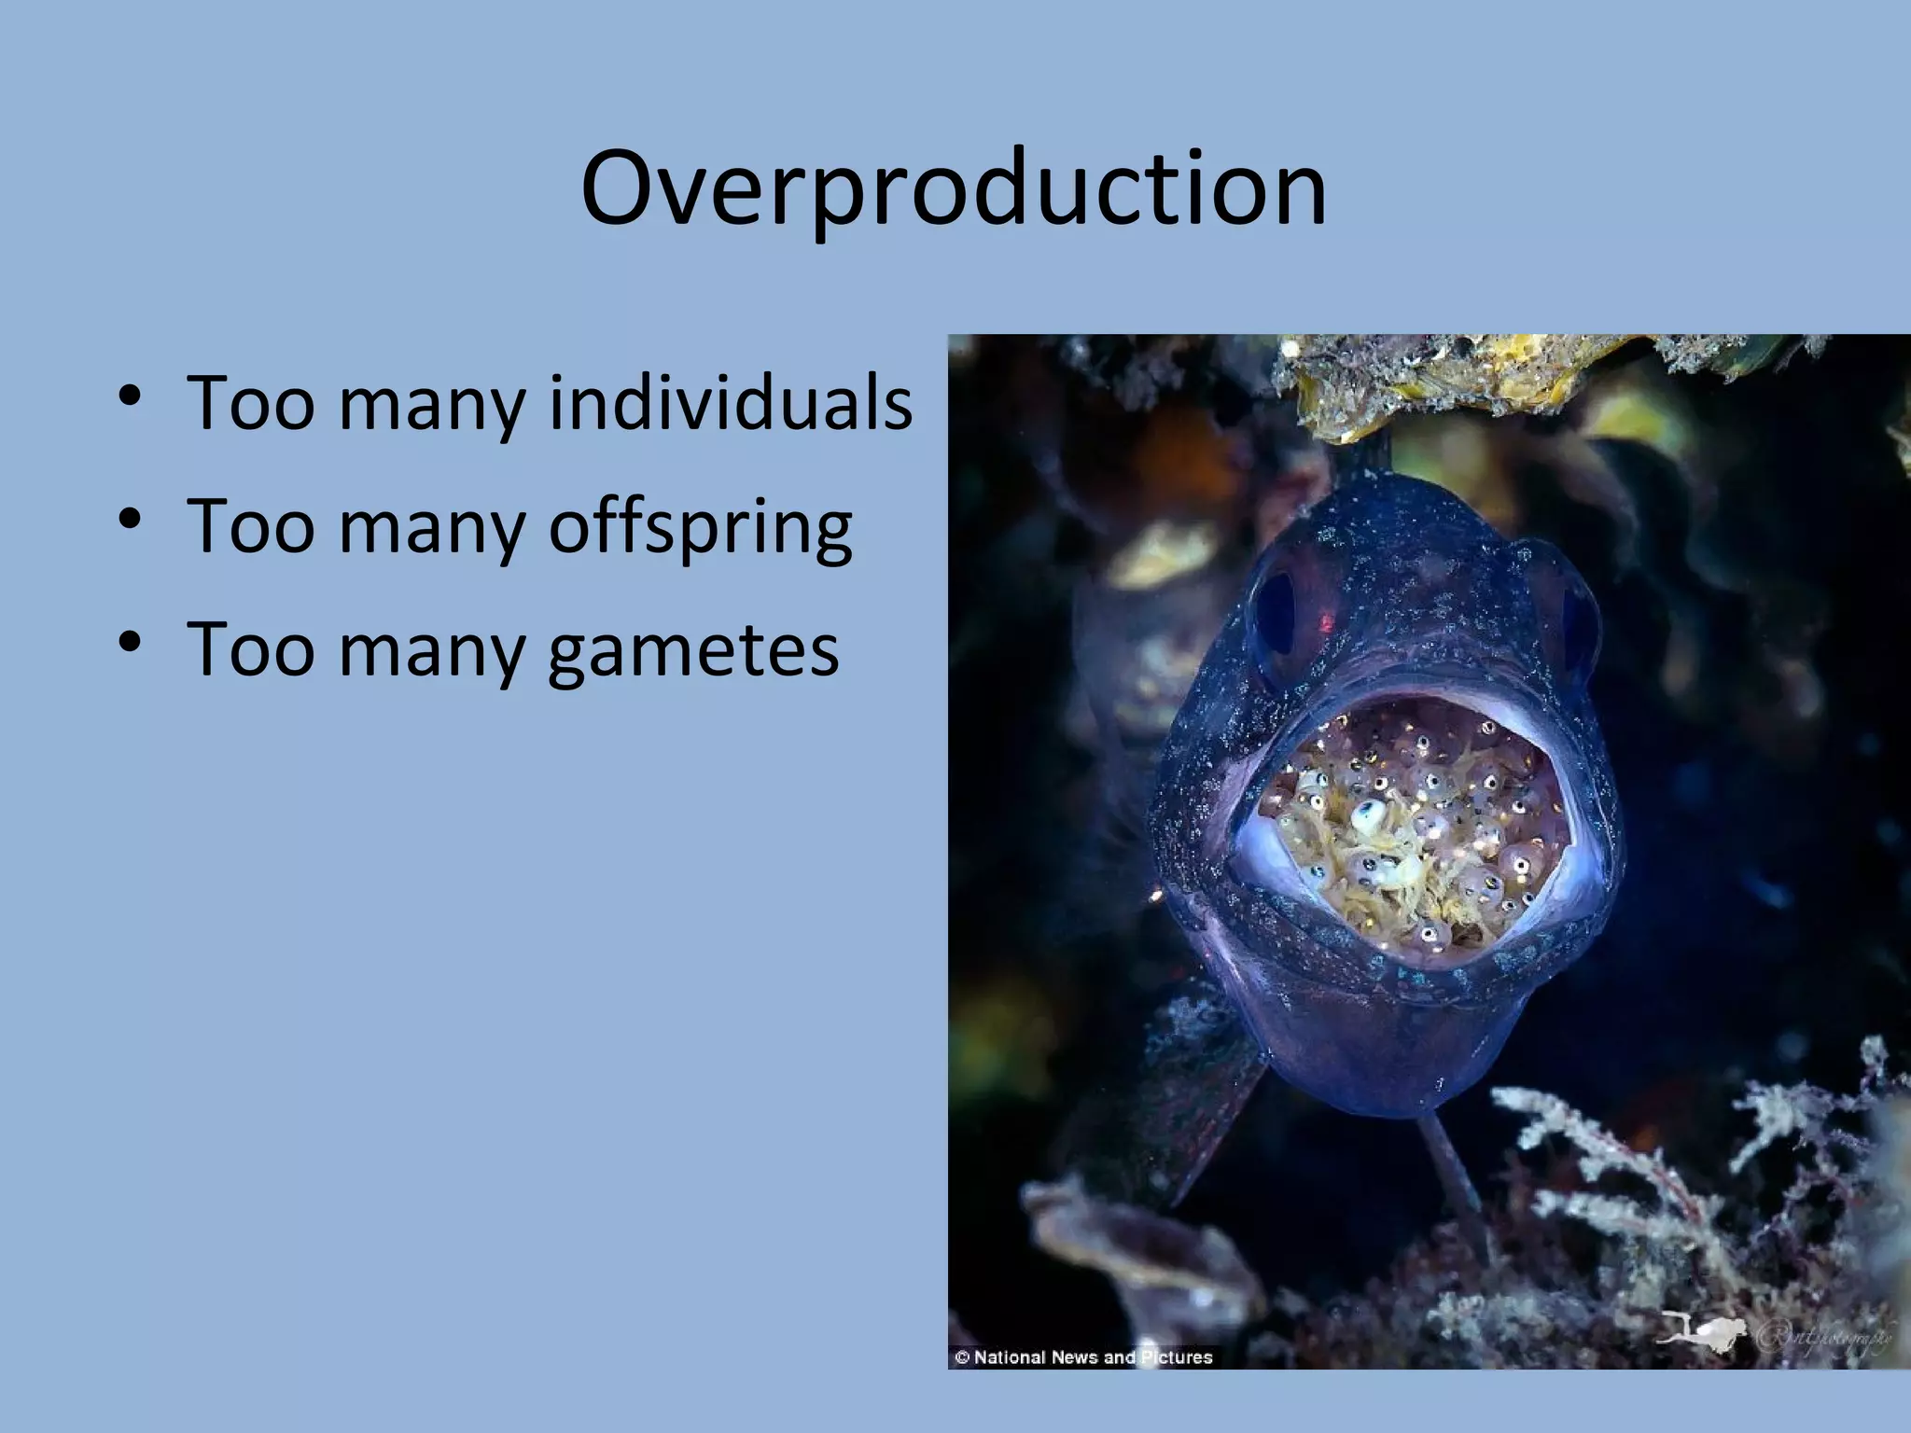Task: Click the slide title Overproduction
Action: pyautogui.click(x=953, y=188)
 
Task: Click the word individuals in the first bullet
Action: pyautogui.click(x=730, y=403)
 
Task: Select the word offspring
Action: pyautogui.click(x=700, y=527)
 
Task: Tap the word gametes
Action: pyautogui.click(x=692, y=650)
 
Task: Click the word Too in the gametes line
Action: pyautogui.click(x=250, y=650)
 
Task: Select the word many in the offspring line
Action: pyautogui.click(x=431, y=527)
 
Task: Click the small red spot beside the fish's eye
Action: pyautogui.click(x=1325, y=619)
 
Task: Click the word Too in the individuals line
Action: pyautogui.click(x=250, y=403)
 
